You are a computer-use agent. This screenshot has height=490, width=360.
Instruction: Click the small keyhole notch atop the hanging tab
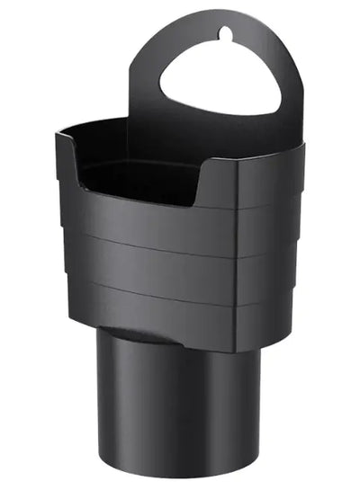[225, 35]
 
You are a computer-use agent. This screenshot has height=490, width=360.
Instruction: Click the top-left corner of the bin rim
[59, 137]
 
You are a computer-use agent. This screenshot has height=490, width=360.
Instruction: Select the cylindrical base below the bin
[180, 405]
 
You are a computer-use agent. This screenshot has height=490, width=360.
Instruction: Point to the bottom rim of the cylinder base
[180, 474]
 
